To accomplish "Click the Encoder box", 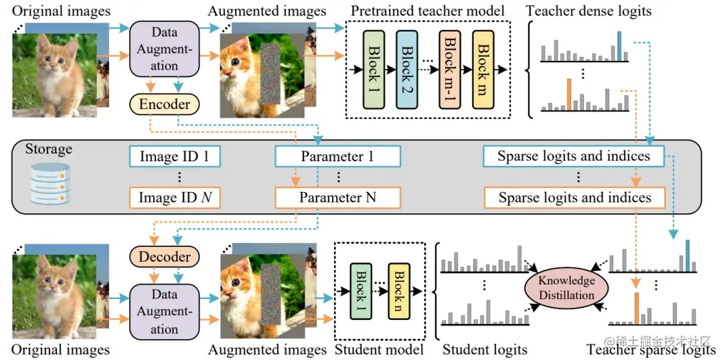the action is [165, 104].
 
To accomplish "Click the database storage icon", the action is [50, 183].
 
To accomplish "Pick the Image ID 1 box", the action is [174, 157].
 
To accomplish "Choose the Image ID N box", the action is [174, 198].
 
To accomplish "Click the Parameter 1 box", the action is [337, 157].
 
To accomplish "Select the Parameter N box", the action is [337, 198].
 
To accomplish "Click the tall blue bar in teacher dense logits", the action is [619, 46].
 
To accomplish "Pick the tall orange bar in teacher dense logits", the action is [569, 94].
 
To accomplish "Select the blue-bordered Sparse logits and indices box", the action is [574, 156].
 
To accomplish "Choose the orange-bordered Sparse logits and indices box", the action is [574, 198].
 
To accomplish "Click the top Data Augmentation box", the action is [165, 49].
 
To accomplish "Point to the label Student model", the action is [380, 349].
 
